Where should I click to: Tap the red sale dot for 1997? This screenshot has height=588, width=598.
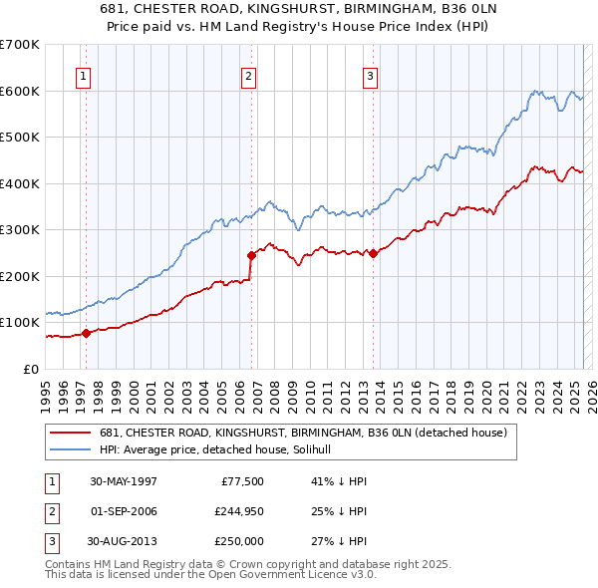pyautogui.click(x=87, y=333)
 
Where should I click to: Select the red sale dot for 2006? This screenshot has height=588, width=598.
pyautogui.click(x=251, y=255)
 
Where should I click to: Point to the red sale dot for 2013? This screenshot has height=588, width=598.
pyautogui.click(x=374, y=253)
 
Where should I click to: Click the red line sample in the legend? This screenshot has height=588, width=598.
pyautogui.click(x=71, y=433)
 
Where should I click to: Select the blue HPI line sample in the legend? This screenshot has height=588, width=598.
pyautogui.click(x=71, y=449)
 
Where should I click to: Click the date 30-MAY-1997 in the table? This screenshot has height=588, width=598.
pyautogui.click(x=124, y=481)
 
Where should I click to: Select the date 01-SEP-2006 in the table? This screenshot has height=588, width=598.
pyautogui.click(x=124, y=511)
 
